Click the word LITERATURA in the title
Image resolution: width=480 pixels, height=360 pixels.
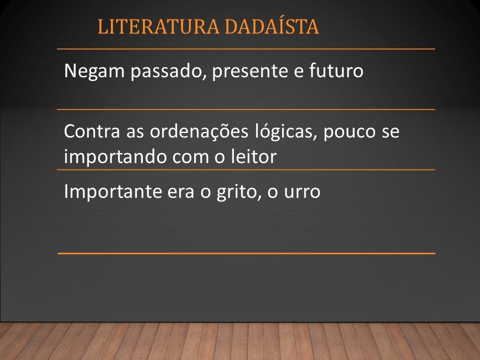[x=158, y=26]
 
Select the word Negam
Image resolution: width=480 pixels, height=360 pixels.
[x=94, y=71]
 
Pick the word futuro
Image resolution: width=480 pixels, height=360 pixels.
[x=336, y=70]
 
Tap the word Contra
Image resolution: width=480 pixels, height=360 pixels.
[x=92, y=131]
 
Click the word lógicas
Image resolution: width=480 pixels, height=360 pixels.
[x=286, y=132]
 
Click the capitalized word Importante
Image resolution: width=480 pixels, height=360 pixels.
[x=112, y=192]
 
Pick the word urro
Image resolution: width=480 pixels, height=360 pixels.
[x=302, y=192]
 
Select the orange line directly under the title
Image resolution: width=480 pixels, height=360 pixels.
[x=246, y=49]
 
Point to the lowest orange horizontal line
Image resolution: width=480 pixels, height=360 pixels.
[x=246, y=253]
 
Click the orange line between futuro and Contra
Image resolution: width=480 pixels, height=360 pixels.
[x=246, y=109]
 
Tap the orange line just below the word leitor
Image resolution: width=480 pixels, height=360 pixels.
[x=246, y=169]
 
